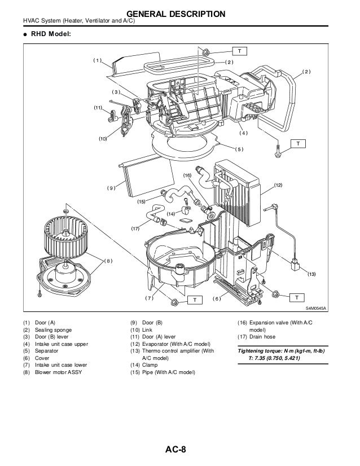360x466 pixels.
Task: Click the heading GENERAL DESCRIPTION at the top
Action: pos(179,13)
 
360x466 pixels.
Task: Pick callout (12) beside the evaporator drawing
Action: pos(278,185)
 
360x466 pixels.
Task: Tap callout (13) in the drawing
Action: pos(311,274)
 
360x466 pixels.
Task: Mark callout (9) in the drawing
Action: pos(111,187)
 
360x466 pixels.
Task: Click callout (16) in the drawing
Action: pos(187,175)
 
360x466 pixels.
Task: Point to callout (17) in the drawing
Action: pos(135,228)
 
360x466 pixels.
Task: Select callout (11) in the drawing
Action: pos(98,107)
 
